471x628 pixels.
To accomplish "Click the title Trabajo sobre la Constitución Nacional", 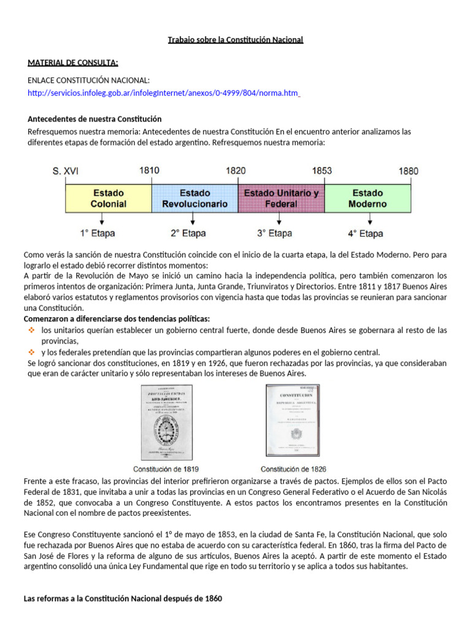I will (235, 40).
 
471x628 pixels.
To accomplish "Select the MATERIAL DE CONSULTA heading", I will (73, 63).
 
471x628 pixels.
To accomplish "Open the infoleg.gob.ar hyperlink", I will (163, 93).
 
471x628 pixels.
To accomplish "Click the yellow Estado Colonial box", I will (108, 198).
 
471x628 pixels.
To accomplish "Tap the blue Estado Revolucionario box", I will (194, 198).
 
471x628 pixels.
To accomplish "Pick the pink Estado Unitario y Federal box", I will (281, 198).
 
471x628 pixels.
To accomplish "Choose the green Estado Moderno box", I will (367, 198).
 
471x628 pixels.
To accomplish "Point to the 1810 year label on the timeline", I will (149, 171).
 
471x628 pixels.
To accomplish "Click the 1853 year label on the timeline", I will (322, 171).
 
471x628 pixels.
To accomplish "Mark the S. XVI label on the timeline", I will (66, 172).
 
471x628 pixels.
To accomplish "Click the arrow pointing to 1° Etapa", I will (102, 220).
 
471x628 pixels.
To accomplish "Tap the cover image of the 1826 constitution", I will (292, 421).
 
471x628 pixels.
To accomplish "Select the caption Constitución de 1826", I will (292, 469).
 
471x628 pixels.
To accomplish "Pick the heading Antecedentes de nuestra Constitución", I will (95, 119).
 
